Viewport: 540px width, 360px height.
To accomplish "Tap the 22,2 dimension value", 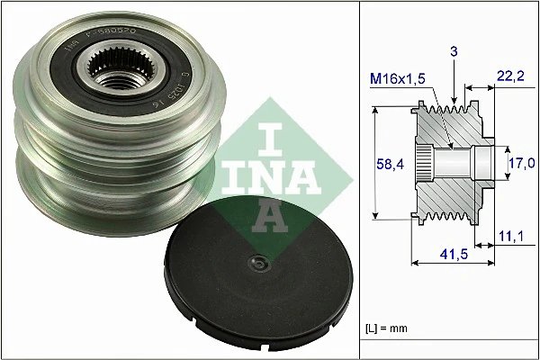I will pyautogui.click(x=510, y=82).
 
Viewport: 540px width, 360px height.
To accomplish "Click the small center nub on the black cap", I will pyautogui.click(x=259, y=265).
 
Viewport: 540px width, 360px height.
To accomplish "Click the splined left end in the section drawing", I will pyautogui.click(x=425, y=163).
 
